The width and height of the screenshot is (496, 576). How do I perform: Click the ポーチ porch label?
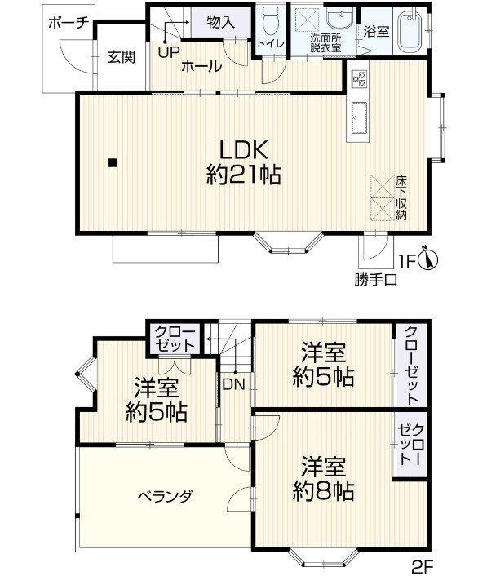pyautogui.click(x=69, y=23)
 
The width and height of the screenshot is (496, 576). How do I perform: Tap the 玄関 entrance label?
pyautogui.click(x=122, y=57)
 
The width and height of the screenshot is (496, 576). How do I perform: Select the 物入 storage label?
pyautogui.click(x=220, y=22)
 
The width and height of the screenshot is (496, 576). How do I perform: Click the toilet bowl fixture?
pyautogui.click(x=271, y=23)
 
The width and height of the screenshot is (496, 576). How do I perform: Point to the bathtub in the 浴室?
pyautogui.click(x=411, y=30)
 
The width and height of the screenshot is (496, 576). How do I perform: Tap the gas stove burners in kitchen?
pyautogui.click(x=359, y=78)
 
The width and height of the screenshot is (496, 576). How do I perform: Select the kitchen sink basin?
pyautogui.click(x=359, y=117)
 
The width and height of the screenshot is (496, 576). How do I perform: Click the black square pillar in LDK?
pyautogui.click(x=113, y=162)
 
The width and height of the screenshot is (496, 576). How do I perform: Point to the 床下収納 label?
pyautogui.click(x=401, y=198)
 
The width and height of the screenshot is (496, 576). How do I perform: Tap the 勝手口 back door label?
pyautogui.click(x=375, y=281)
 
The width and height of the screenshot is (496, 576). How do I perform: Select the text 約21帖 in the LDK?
pyautogui.click(x=244, y=174)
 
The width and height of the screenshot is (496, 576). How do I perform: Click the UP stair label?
pyautogui.click(x=169, y=52)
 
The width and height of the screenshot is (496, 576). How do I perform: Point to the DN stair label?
pyautogui.click(x=233, y=384)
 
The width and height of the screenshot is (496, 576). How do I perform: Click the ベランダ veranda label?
pyautogui.click(x=165, y=497)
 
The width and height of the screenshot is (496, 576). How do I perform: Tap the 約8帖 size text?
pyautogui.click(x=324, y=490)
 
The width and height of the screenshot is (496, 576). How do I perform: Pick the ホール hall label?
pyautogui.click(x=201, y=67)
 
